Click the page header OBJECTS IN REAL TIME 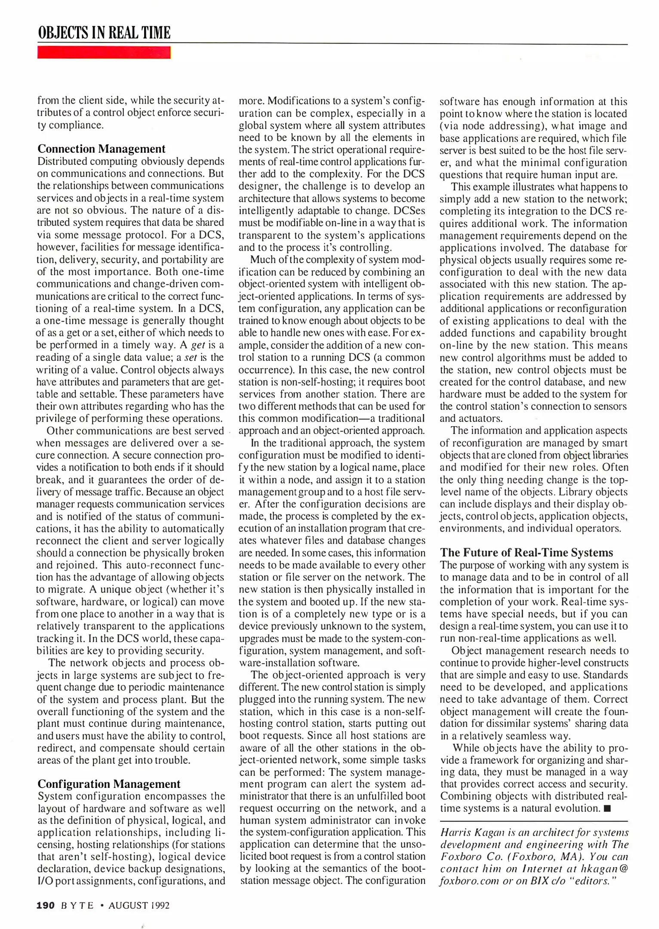[104, 33]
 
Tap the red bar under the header [104, 52]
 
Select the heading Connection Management [102, 149]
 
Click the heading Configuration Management [109, 784]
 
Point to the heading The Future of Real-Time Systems [526, 552]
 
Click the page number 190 [46, 905]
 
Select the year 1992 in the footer [160, 905]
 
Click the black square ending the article [607, 809]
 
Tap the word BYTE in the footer [77, 905]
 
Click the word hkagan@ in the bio [604, 868]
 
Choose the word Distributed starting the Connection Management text [61, 161]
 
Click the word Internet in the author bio [539, 868]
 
